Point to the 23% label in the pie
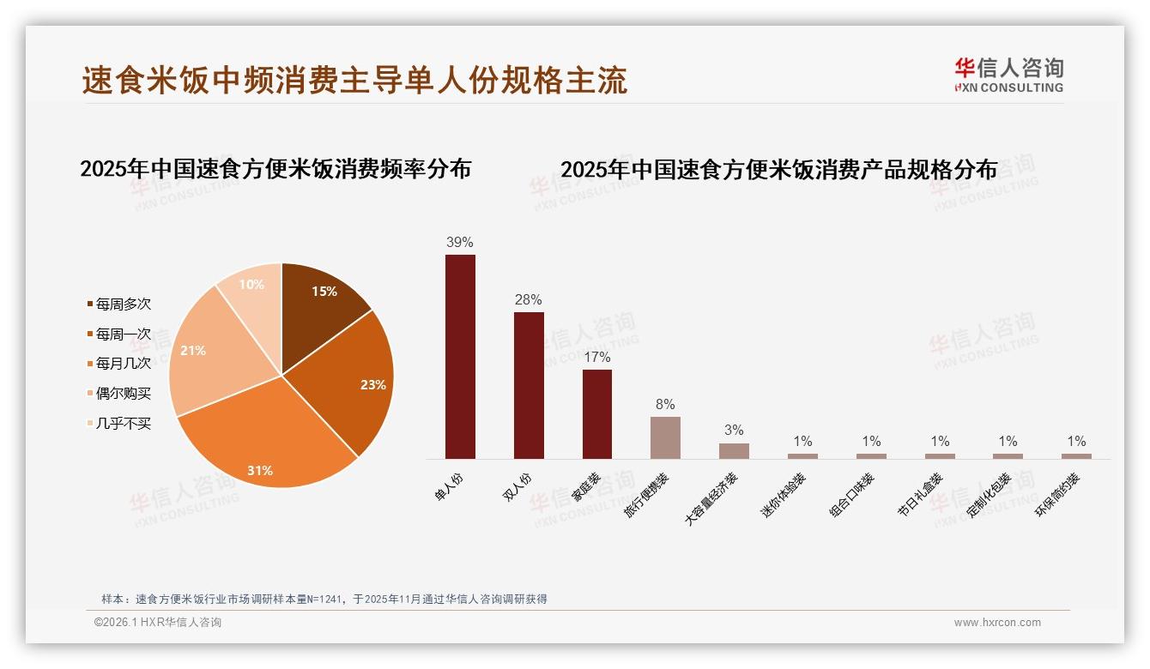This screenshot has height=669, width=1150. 372,385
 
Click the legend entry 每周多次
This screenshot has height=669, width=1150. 123,304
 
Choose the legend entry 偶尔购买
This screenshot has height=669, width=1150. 123,394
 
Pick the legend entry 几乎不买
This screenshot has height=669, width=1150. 123,424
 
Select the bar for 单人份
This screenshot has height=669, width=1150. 460,356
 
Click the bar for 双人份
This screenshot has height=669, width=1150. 529,385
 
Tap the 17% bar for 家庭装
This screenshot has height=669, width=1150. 597,413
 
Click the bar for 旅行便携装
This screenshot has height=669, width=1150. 665,437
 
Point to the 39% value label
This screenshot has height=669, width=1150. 460,243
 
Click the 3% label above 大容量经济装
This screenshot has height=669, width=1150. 734,431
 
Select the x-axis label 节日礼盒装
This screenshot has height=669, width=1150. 920,495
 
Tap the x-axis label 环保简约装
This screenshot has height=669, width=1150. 1056,495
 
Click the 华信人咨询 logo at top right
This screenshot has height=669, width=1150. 1008,75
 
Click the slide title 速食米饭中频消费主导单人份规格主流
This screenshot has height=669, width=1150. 354,80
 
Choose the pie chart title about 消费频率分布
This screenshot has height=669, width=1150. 275,169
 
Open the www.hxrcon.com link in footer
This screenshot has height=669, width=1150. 997,623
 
